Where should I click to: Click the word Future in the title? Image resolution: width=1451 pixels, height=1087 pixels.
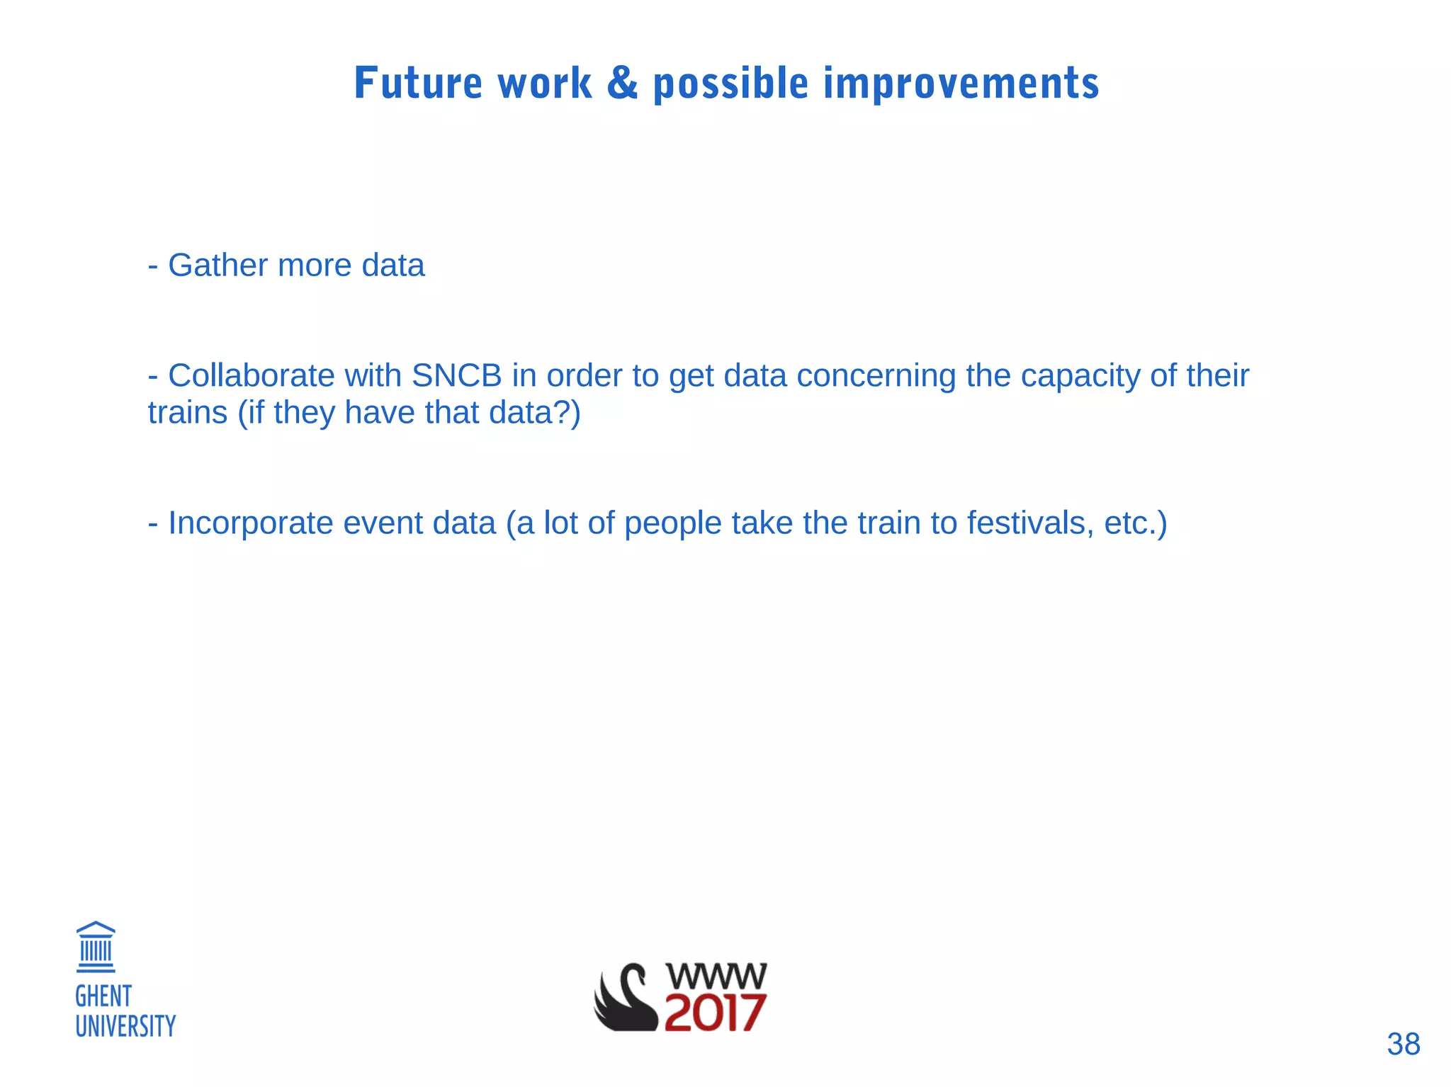418,83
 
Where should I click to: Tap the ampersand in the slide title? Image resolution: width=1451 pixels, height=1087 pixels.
622,83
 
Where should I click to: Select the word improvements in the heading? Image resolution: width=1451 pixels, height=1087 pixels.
961,84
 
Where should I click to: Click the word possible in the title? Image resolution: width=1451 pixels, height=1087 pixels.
730,84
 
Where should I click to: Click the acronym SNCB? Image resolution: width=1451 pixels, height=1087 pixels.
456,375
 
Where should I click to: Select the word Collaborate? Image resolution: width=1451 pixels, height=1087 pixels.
251,375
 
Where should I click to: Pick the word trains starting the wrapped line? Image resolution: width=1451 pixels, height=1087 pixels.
187,412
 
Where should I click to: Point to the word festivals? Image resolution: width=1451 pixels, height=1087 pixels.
1030,523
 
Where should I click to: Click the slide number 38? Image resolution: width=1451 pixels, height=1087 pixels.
1403,1044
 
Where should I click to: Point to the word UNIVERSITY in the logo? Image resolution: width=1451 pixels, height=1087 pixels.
125,1026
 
